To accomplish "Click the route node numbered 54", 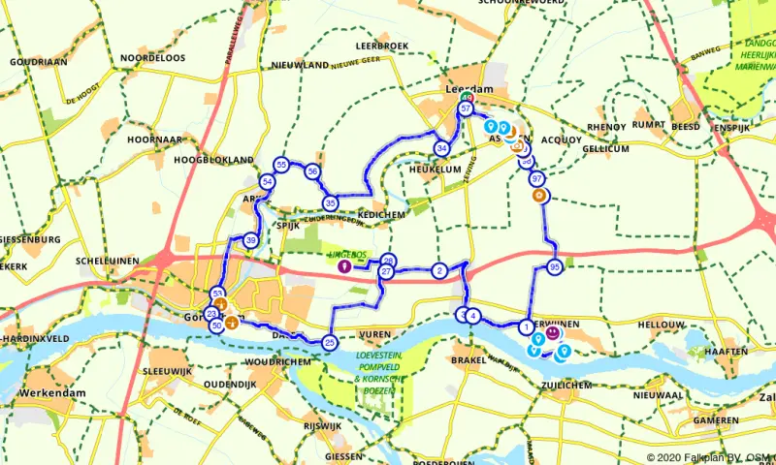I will coord(268,181).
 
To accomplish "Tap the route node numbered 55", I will coord(281,165).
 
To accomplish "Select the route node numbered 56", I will coord(312,171).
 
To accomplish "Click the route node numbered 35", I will coord(331,202).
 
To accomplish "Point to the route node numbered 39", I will coord(251,240).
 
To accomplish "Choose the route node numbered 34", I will coord(442,148).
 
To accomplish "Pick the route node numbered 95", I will coord(555,266).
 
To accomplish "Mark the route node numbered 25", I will coord(330,342).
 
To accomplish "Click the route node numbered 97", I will coord(537,179).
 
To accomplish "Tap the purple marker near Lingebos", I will coord(343,265).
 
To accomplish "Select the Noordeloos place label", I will coord(152,58).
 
